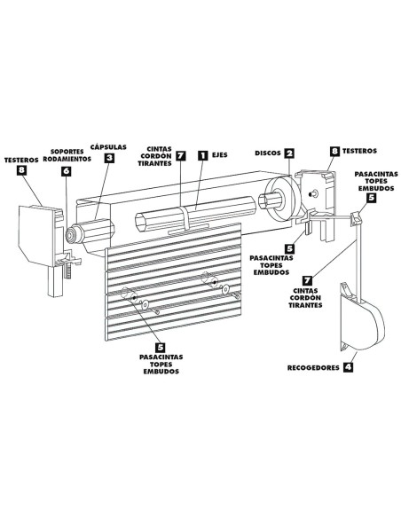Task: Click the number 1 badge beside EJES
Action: pyautogui.click(x=202, y=154)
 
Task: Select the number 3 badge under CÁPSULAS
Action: pyautogui.click(x=108, y=159)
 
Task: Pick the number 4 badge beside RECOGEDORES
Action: pyautogui.click(x=348, y=365)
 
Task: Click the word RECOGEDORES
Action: pyautogui.click(x=311, y=365)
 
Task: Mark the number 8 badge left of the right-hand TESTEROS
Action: pyautogui.click(x=334, y=153)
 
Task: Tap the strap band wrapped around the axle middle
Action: pyautogui.click(x=185, y=218)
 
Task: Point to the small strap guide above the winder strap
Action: pyautogui.click(x=357, y=216)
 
